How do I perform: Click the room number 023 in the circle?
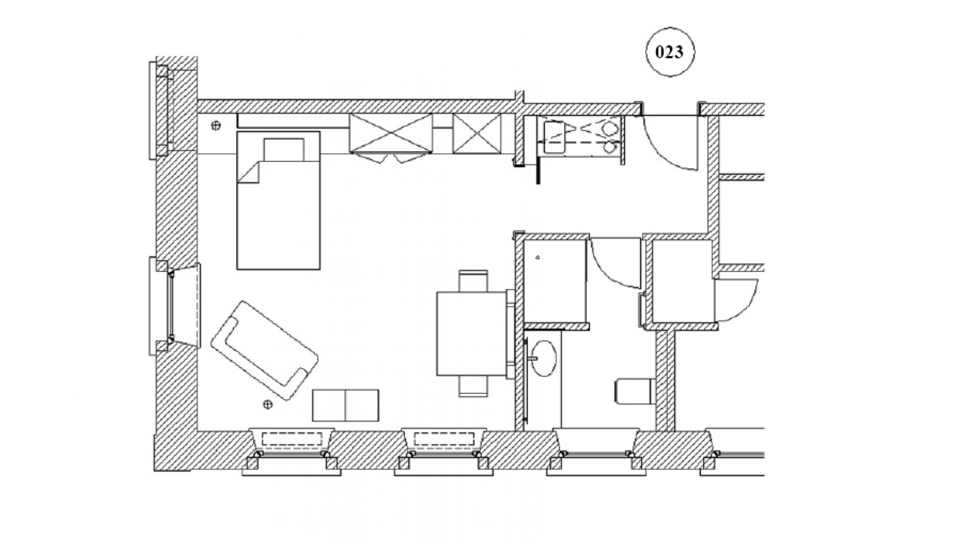(670, 52)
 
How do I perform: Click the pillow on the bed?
(284, 149)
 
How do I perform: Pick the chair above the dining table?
(473, 281)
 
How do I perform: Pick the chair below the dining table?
(473, 387)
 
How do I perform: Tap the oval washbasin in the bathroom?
(543, 358)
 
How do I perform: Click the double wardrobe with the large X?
(391, 133)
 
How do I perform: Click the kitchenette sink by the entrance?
(554, 134)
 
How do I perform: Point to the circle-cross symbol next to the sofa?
(268, 403)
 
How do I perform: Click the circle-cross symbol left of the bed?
(216, 125)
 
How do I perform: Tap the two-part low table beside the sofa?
(346, 405)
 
